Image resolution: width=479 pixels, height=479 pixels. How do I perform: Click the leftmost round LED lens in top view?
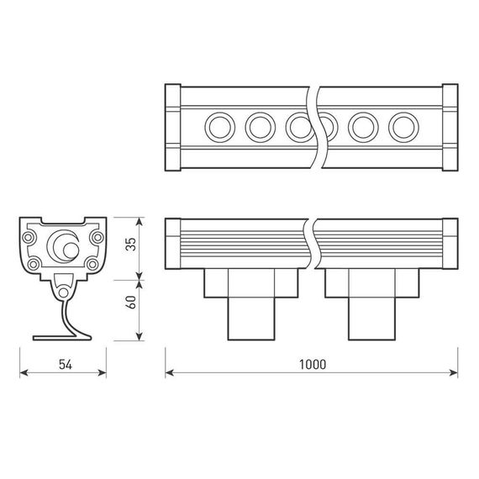coord(220,128)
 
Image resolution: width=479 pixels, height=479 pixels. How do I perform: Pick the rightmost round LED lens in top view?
coord(402,128)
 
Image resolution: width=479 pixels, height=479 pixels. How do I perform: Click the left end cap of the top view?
coord(173,127)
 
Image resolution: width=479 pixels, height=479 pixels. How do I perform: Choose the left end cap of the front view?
coord(173,243)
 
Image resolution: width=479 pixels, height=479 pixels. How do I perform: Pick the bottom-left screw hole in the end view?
coord(34,264)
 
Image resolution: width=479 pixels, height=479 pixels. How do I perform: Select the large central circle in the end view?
coord(63,245)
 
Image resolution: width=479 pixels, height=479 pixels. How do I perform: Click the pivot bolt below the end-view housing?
coord(63,290)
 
